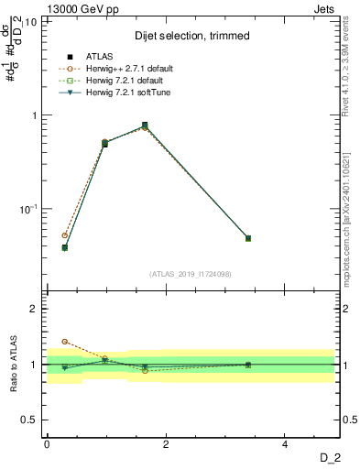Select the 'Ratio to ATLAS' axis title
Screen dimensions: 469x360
coord(13,364)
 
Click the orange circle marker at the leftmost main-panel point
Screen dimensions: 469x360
coord(64,235)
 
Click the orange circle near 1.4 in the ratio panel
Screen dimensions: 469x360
coord(64,342)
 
